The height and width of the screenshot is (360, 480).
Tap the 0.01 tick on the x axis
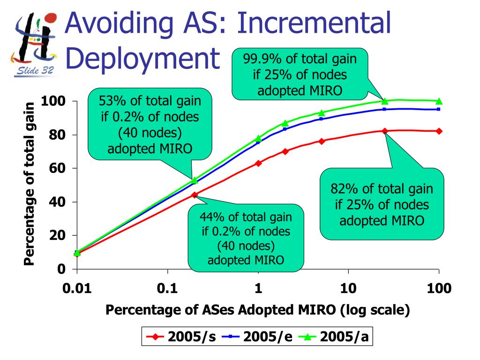pyautogui.click(x=77, y=288)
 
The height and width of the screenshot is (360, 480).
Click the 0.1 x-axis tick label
pyautogui.click(x=167, y=288)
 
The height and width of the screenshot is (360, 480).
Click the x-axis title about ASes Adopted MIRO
pyautogui.click(x=258, y=310)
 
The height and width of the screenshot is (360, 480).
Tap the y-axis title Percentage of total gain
pyautogui.click(x=30, y=184)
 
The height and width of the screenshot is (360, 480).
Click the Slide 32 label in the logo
pyautogui.click(x=35, y=71)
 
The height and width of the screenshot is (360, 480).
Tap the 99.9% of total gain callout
pyautogui.click(x=300, y=75)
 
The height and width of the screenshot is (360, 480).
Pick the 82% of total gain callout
pyautogui.click(x=382, y=204)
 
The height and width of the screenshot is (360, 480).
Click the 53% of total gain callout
pyautogui.click(x=150, y=124)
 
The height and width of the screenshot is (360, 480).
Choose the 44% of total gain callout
pyautogui.click(x=246, y=239)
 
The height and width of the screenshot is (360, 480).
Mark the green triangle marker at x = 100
pyautogui.click(x=439, y=101)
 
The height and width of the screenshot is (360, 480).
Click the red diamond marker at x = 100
pyautogui.click(x=439, y=131)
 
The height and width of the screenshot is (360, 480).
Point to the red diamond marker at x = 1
pyautogui.click(x=258, y=163)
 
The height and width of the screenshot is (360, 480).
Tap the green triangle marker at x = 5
pyautogui.click(x=321, y=113)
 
